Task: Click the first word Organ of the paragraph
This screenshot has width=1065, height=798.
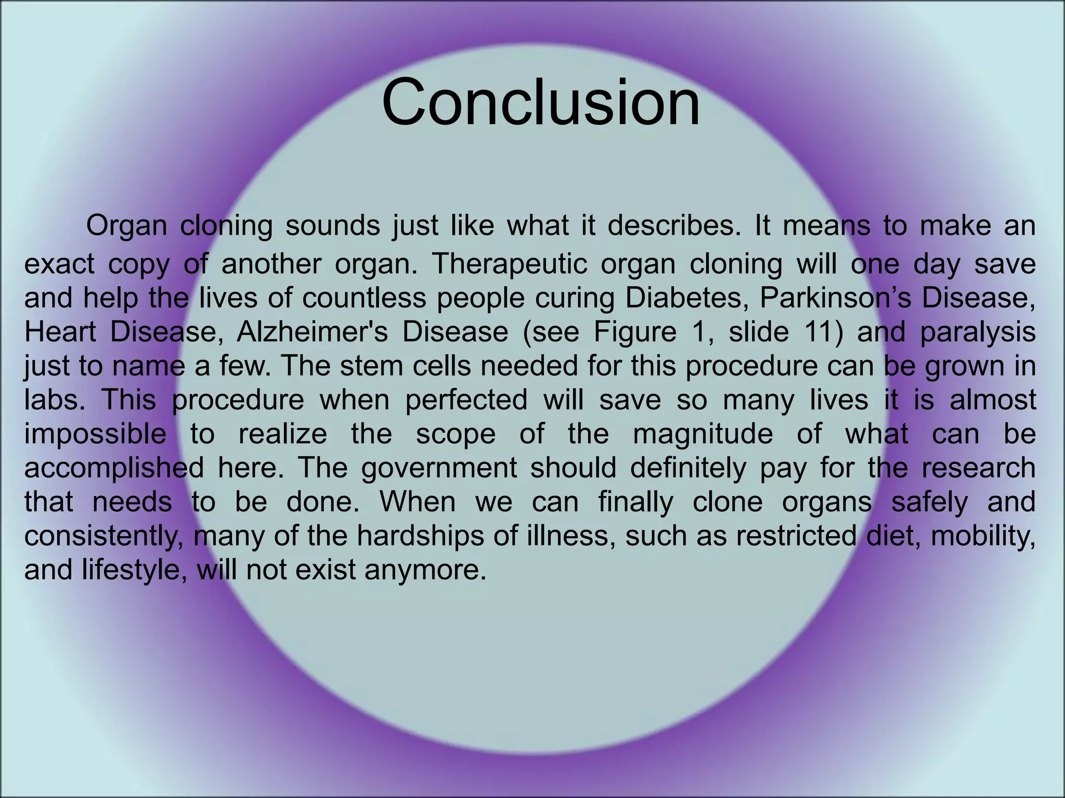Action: click(126, 226)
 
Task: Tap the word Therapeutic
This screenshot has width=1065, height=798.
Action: click(509, 264)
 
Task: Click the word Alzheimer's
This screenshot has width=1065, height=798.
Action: click(312, 332)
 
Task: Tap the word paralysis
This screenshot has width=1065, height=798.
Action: click(978, 332)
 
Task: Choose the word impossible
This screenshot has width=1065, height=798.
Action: click(95, 434)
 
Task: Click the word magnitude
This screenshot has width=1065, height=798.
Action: click(703, 434)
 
